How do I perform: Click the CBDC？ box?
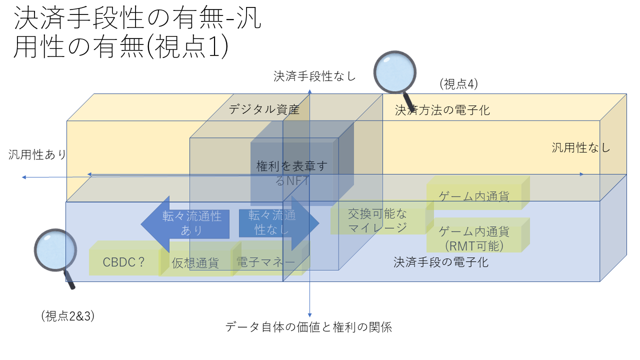tap(123, 262)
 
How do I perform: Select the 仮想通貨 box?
tap(195, 263)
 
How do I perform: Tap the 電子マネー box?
tap(265, 262)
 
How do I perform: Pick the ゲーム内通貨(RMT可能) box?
tap(474, 238)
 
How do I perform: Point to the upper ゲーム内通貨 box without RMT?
tap(474, 196)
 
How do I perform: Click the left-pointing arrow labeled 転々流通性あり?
tap(185, 223)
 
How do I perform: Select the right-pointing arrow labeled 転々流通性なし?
tap(278, 223)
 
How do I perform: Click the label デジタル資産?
tap(264, 109)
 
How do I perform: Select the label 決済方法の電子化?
tap(442, 110)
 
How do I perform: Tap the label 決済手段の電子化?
tap(441, 261)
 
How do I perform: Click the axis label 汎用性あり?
tap(37, 154)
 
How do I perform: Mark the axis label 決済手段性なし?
tap(314, 76)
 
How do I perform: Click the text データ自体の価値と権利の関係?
tap(308, 327)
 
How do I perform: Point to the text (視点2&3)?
tap(68, 315)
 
